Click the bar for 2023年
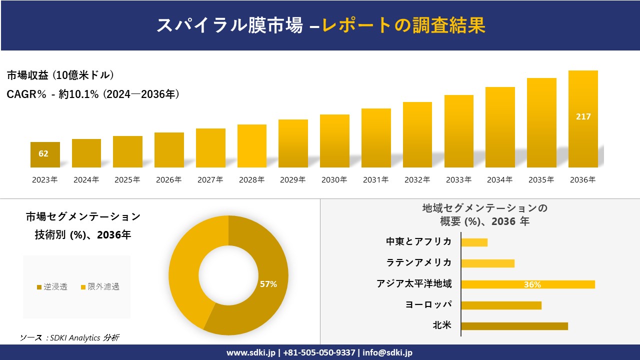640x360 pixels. [45, 155]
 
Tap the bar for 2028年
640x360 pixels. [252, 146]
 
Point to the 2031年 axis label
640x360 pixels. [375, 180]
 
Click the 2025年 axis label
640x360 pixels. [127, 180]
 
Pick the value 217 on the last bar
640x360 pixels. [583, 116]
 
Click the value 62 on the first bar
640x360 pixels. [43, 153]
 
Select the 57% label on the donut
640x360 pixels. [268, 284]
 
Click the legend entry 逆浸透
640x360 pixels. [52, 286]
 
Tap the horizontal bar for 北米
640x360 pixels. [514, 326]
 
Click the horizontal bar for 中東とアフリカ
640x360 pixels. [474, 242]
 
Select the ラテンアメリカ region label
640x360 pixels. [419, 263]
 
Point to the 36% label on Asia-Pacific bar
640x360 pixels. [532, 284]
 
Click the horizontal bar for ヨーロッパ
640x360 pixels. [501, 305]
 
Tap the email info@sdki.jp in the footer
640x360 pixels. [387, 352]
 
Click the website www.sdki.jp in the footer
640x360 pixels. [251, 352]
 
